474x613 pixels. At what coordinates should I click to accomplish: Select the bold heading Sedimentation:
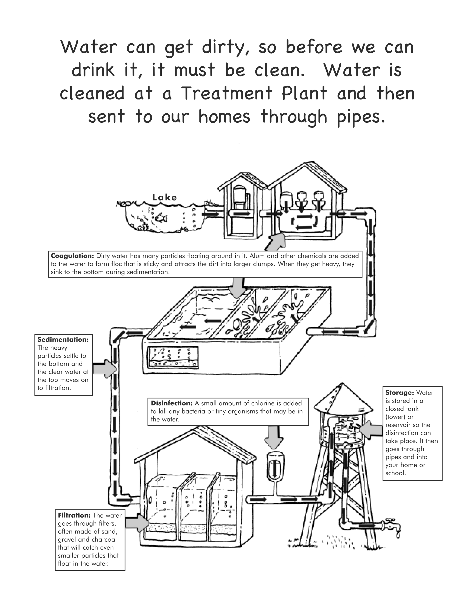click(x=63, y=339)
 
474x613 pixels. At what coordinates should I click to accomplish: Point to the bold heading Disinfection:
click(x=172, y=403)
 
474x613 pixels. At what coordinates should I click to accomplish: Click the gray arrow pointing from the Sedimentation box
click(x=104, y=368)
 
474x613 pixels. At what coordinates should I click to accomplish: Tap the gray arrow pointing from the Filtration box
click(x=137, y=523)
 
